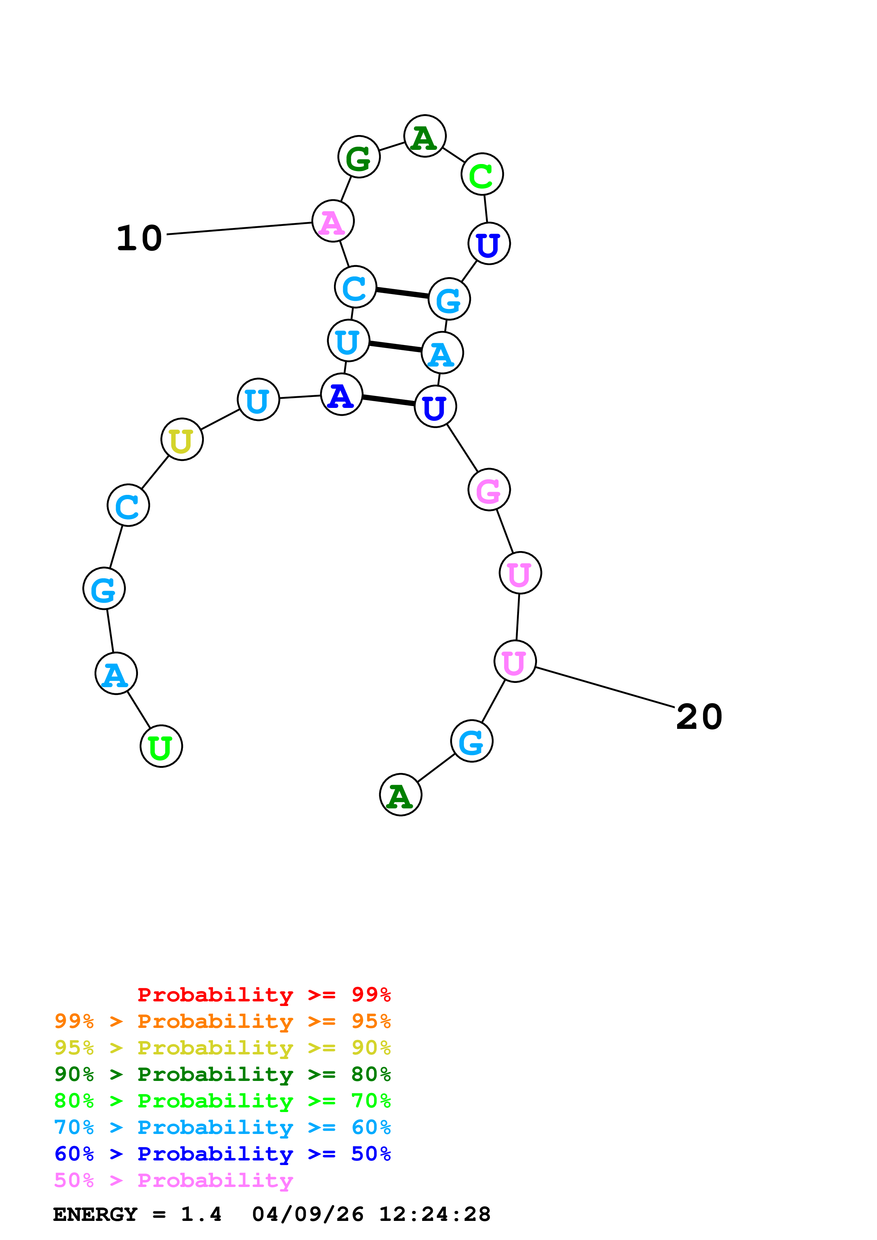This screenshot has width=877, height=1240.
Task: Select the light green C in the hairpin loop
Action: (x=482, y=175)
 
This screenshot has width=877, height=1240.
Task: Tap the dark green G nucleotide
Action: (x=359, y=157)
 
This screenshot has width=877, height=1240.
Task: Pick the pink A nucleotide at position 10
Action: (x=333, y=221)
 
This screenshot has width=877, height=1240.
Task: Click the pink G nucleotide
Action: (x=489, y=490)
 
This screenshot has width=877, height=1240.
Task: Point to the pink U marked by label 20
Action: (x=515, y=662)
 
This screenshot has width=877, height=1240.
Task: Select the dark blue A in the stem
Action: (x=341, y=395)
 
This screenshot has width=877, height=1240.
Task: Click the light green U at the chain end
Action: (x=161, y=747)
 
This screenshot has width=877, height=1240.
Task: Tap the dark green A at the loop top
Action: (x=425, y=136)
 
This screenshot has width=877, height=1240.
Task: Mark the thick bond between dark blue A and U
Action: (x=388, y=400)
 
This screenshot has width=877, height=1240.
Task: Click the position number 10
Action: (x=139, y=238)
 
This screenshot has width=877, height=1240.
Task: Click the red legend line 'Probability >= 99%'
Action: (x=264, y=995)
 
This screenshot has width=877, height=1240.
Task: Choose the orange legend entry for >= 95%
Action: (x=222, y=1021)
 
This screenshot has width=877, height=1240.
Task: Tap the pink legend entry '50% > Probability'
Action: (x=173, y=1180)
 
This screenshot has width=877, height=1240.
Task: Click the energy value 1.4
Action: (x=201, y=1214)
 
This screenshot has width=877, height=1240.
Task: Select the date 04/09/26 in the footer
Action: (x=307, y=1214)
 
